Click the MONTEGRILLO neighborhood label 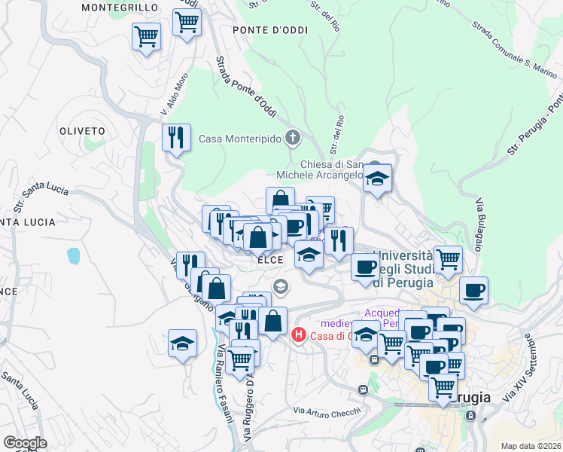pyautogui.click(x=120, y=8)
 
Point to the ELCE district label pyautogui.click(x=269, y=259)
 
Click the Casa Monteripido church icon pyautogui.click(x=294, y=139)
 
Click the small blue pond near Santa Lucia pyautogui.click(x=73, y=256)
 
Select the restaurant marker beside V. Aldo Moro pyautogui.click(x=176, y=138)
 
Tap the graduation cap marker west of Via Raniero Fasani pyautogui.click(x=182, y=344)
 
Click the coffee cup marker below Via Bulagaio pyautogui.click(x=473, y=290)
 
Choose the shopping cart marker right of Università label pyautogui.click(x=448, y=259)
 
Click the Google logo pyautogui.click(x=25, y=443)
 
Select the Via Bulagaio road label pyautogui.click(x=479, y=224)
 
